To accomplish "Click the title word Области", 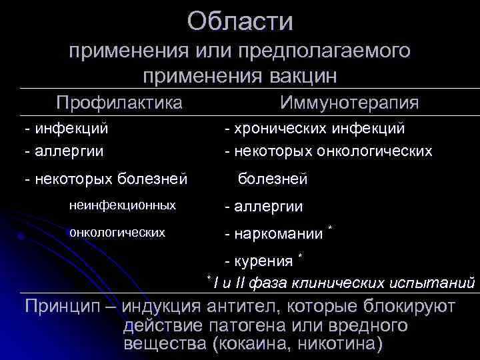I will pyautogui.click(x=240, y=21).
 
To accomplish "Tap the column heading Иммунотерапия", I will pyautogui.click(x=349, y=103).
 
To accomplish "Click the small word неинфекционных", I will pyautogui.click(x=122, y=205).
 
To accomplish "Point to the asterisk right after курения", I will pyautogui.click(x=301, y=255).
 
